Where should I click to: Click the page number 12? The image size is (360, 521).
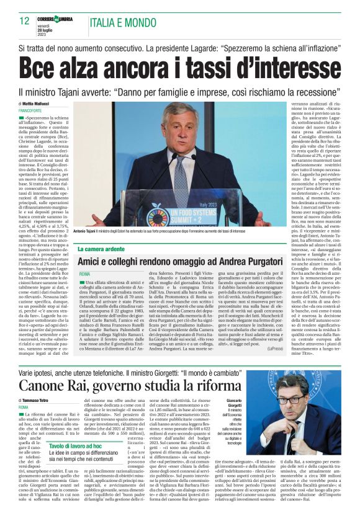click(x=24, y=20)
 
